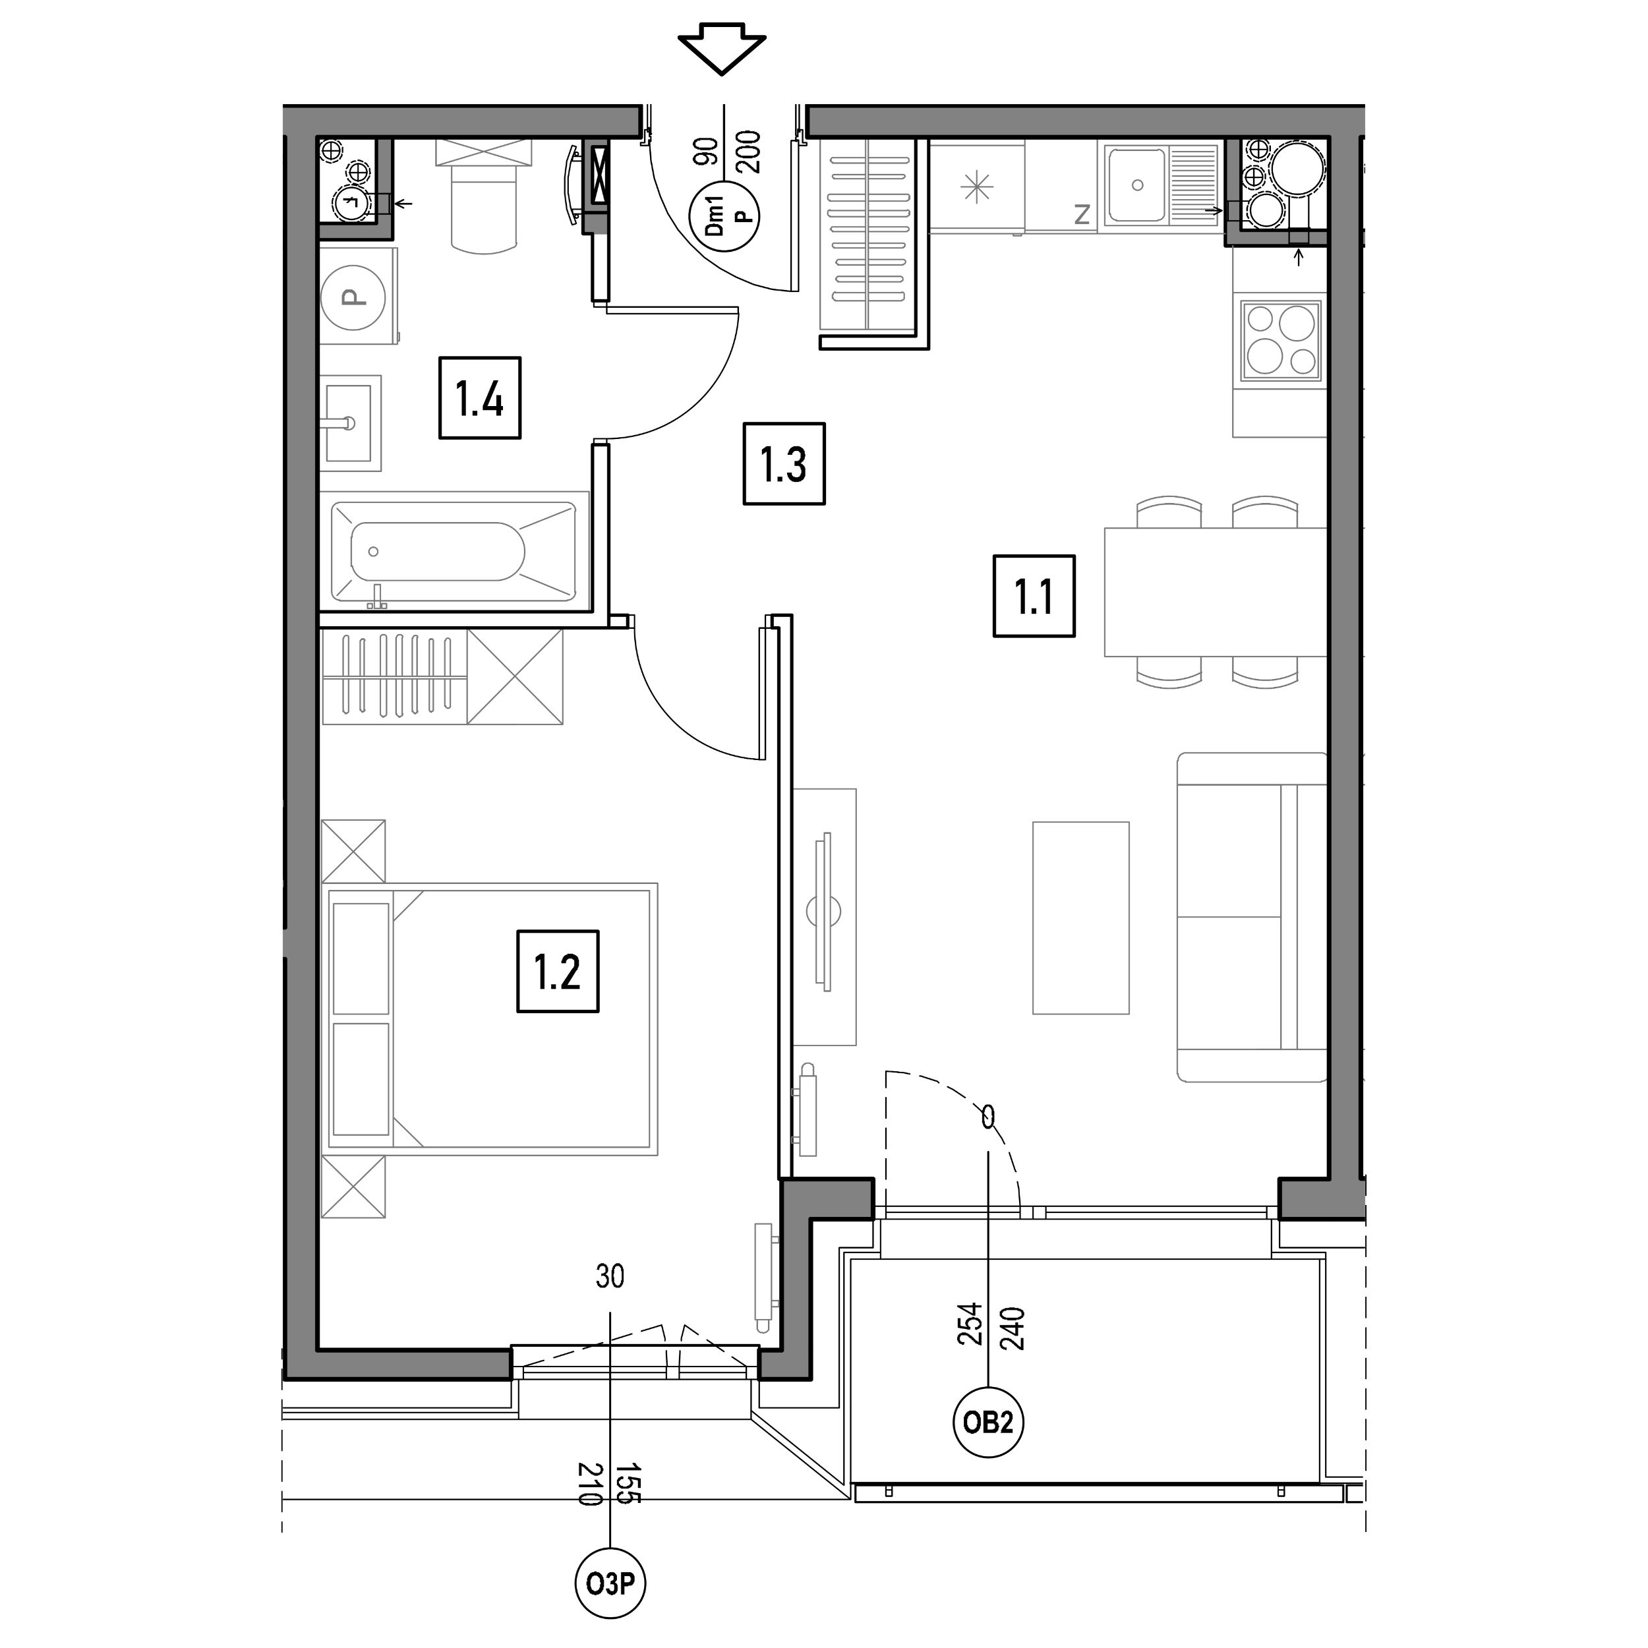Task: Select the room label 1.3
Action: (784, 464)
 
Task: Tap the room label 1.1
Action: (1034, 597)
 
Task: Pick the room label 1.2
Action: (558, 972)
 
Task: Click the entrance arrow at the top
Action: (722, 53)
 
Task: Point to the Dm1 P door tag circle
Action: (724, 217)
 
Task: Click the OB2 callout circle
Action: (987, 1422)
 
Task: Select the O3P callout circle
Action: (610, 1584)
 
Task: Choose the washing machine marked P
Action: (357, 297)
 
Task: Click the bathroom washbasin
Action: (351, 423)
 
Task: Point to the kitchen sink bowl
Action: (1136, 185)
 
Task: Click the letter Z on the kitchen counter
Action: (1082, 215)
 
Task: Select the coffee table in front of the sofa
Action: (1080, 918)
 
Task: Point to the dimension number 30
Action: (610, 1276)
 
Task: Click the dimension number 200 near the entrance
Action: (748, 151)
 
